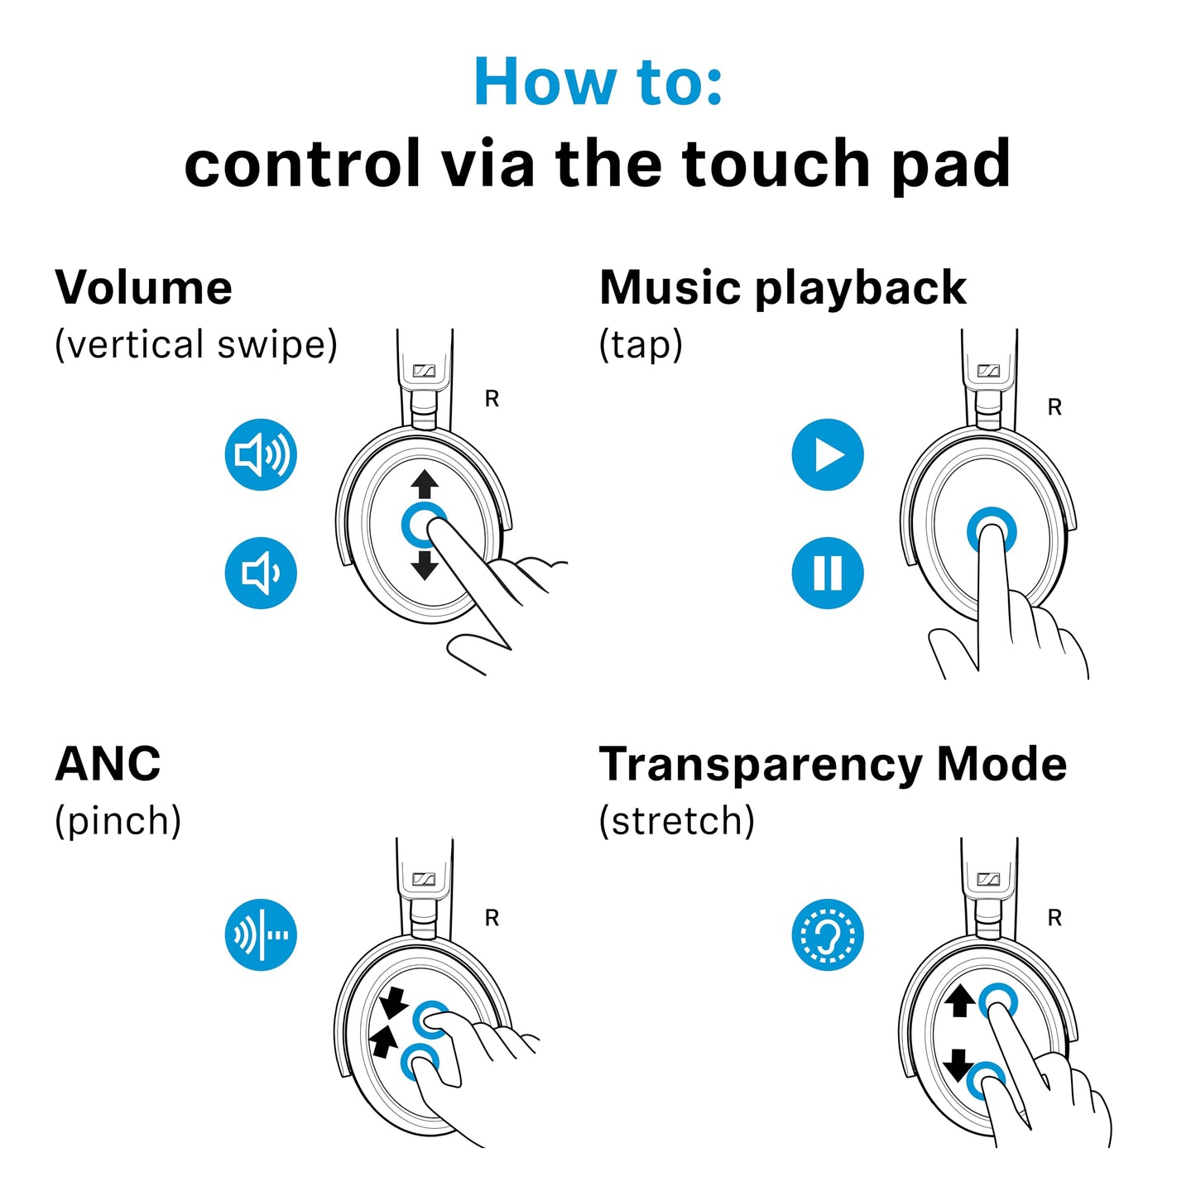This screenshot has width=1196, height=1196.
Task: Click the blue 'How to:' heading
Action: (598, 82)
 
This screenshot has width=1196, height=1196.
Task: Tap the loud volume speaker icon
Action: (261, 454)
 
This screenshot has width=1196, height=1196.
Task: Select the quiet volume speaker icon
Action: (261, 573)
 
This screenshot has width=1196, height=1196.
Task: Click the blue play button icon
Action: (828, 454)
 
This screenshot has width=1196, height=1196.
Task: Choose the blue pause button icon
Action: (828, 573)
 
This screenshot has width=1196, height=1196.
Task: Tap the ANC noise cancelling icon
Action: (261, 934)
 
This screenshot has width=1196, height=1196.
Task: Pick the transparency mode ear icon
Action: (828, 934)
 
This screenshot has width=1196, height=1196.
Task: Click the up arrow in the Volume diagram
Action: (425, 484)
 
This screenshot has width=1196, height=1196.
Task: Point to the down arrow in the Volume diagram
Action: (425, 565)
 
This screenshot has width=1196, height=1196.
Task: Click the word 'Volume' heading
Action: (143, 288)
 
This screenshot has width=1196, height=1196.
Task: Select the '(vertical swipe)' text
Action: (196, 344)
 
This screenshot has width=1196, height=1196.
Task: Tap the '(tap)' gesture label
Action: (641, 344)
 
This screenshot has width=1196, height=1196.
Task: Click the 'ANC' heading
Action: (108, 763)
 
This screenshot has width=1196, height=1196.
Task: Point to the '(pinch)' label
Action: (118, 821)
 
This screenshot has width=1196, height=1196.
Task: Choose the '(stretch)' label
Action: (676, 821)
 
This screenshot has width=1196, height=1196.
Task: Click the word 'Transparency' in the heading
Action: (760, 765)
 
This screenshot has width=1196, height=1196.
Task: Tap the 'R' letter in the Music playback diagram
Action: (1054, 407)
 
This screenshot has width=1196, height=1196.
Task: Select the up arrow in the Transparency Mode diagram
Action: (959, 1001)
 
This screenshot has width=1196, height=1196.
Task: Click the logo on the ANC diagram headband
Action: (424, 879)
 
